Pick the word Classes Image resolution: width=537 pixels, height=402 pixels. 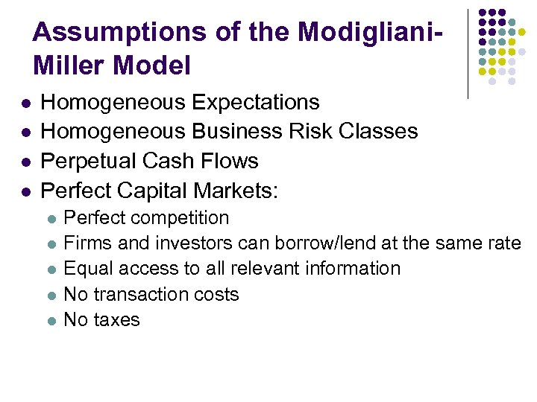coord(378,132)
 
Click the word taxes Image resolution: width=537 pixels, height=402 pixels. coord(117,320)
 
